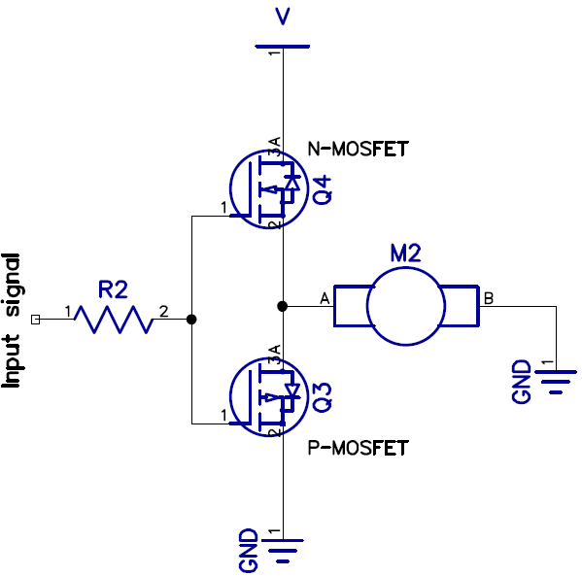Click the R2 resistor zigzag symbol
tap(115, 319)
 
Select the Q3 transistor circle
tap(264, 395)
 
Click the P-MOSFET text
tap(358, 448)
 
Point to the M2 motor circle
tap(406, 306)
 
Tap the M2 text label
tap(405, 254)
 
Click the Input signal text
tap(14, 321)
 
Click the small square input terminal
tap(36, 319)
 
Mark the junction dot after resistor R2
tap(191, 319)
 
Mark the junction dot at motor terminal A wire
tap(282, 306)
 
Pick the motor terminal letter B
tap(489, 298)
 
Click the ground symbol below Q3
tap(282, 554)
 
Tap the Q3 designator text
tap(324, 396)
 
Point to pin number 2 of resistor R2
tap(163, 311)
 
